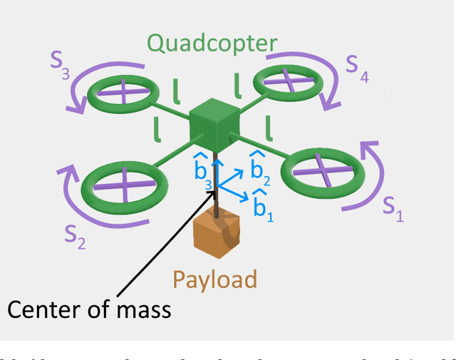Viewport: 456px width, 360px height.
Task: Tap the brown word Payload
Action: tap(214, 279)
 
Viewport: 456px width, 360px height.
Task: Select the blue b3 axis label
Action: tap(202, 171)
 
